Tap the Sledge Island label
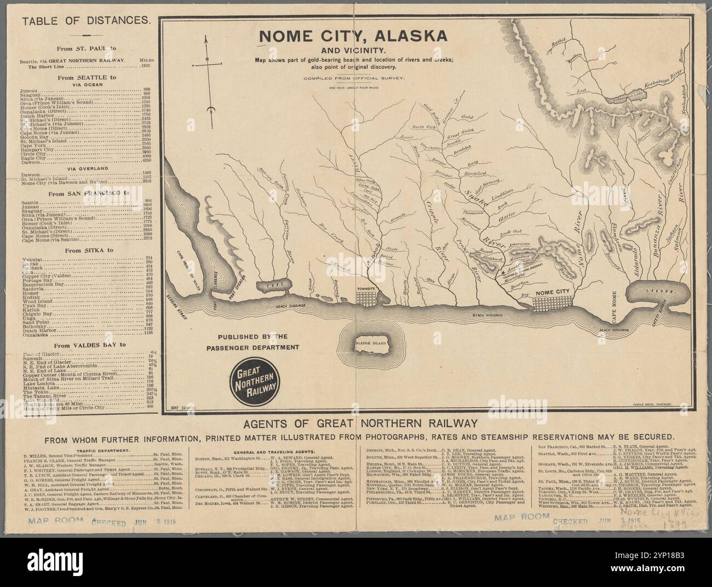pos(372,344)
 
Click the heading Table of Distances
pos(85,21)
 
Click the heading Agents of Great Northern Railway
pos(355,424)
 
